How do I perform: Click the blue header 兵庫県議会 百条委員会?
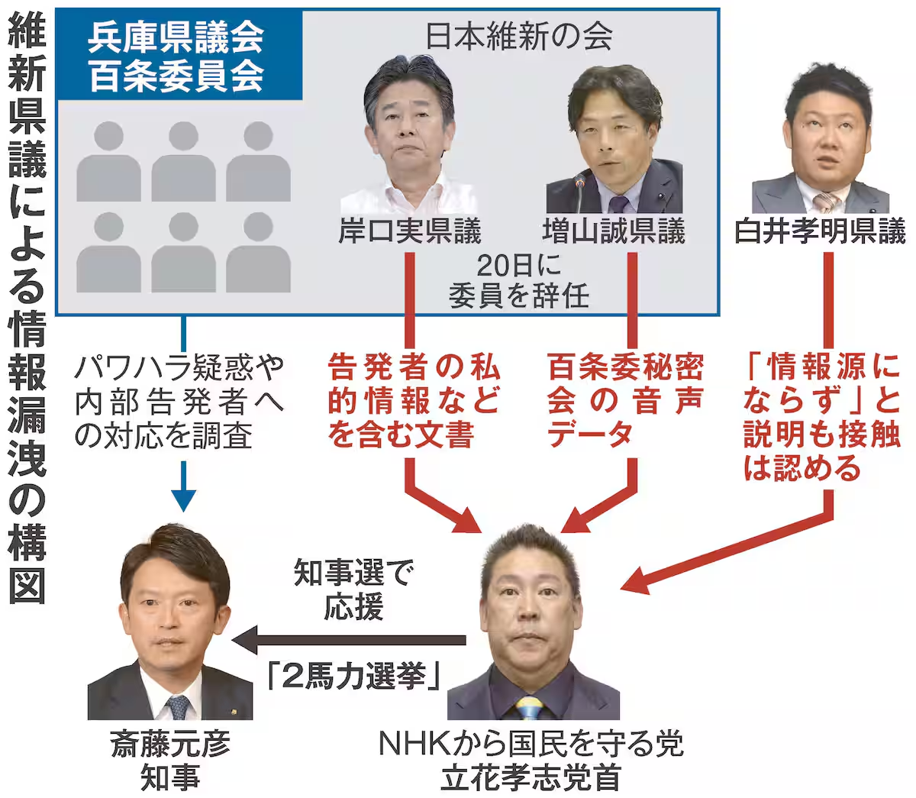pos(177,55)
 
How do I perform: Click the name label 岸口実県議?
pos(410,231)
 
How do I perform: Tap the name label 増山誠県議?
pos(614,231)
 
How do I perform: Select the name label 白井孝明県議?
pos(820,231)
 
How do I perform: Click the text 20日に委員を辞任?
pos(519,280)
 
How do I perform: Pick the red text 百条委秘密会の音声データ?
pos(624,400)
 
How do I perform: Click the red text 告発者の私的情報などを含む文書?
pos(413,400)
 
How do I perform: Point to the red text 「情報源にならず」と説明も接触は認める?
pos(821,418)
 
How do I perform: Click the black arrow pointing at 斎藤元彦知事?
pos(252,639)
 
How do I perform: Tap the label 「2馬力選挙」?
pos(356,677)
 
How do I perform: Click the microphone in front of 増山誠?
pos(579,191)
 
